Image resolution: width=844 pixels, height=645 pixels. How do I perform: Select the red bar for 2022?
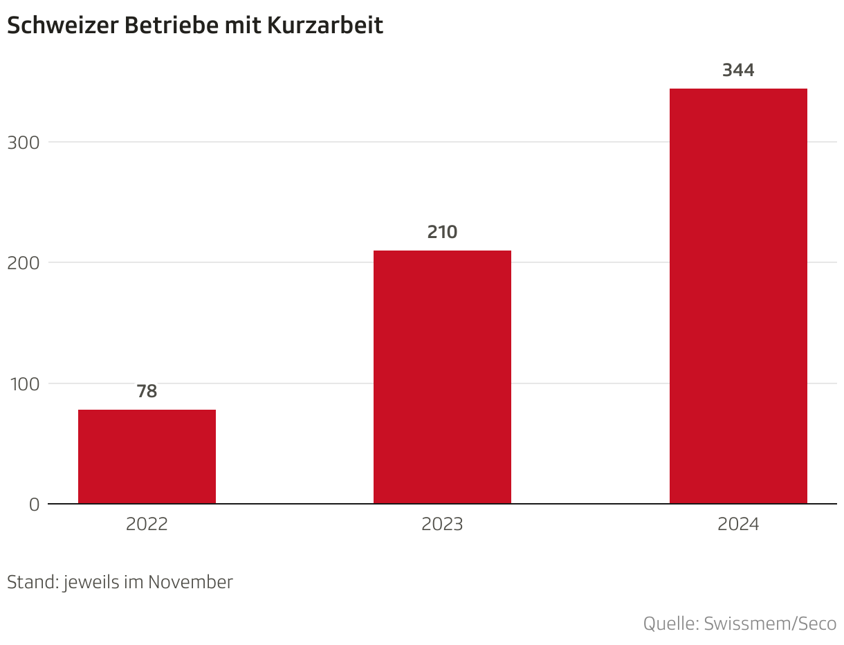[x=147, y=456]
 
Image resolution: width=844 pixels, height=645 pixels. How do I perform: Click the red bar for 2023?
[x=442, y=377]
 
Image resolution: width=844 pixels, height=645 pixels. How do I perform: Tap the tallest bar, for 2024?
[x=738, y=296]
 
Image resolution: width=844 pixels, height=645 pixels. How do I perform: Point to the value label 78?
[x=147, y=391]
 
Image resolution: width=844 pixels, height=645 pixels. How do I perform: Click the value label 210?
[x=442, y=232]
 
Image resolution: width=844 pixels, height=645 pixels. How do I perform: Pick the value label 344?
[x=738, y=70]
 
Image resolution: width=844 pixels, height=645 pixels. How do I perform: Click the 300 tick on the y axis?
[x=24, y=143]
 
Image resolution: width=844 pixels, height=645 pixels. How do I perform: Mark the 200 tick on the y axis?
[x=24, y=264]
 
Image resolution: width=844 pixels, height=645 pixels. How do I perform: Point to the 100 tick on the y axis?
[x=25, y=384]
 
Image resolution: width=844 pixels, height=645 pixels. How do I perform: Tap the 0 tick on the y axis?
[x=34, y=505]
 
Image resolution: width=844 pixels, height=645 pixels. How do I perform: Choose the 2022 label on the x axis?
[x=147, y=524]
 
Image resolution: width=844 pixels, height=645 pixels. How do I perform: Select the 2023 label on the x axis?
[x=442, y=524]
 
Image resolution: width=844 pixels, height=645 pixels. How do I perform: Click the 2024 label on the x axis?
[x=738, y=524]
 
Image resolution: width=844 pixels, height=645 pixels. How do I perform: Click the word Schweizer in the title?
[x=63, y=26]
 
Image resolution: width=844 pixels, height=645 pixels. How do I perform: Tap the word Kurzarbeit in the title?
[x=325, y=26]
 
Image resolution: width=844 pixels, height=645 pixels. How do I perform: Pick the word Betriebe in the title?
[x=172, y=26]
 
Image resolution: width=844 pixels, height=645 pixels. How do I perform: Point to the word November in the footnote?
[x=190, y=582]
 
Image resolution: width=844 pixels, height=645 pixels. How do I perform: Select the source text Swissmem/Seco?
[x=770, y=624]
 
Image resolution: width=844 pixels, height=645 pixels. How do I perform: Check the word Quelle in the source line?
[x=671, y=624]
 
